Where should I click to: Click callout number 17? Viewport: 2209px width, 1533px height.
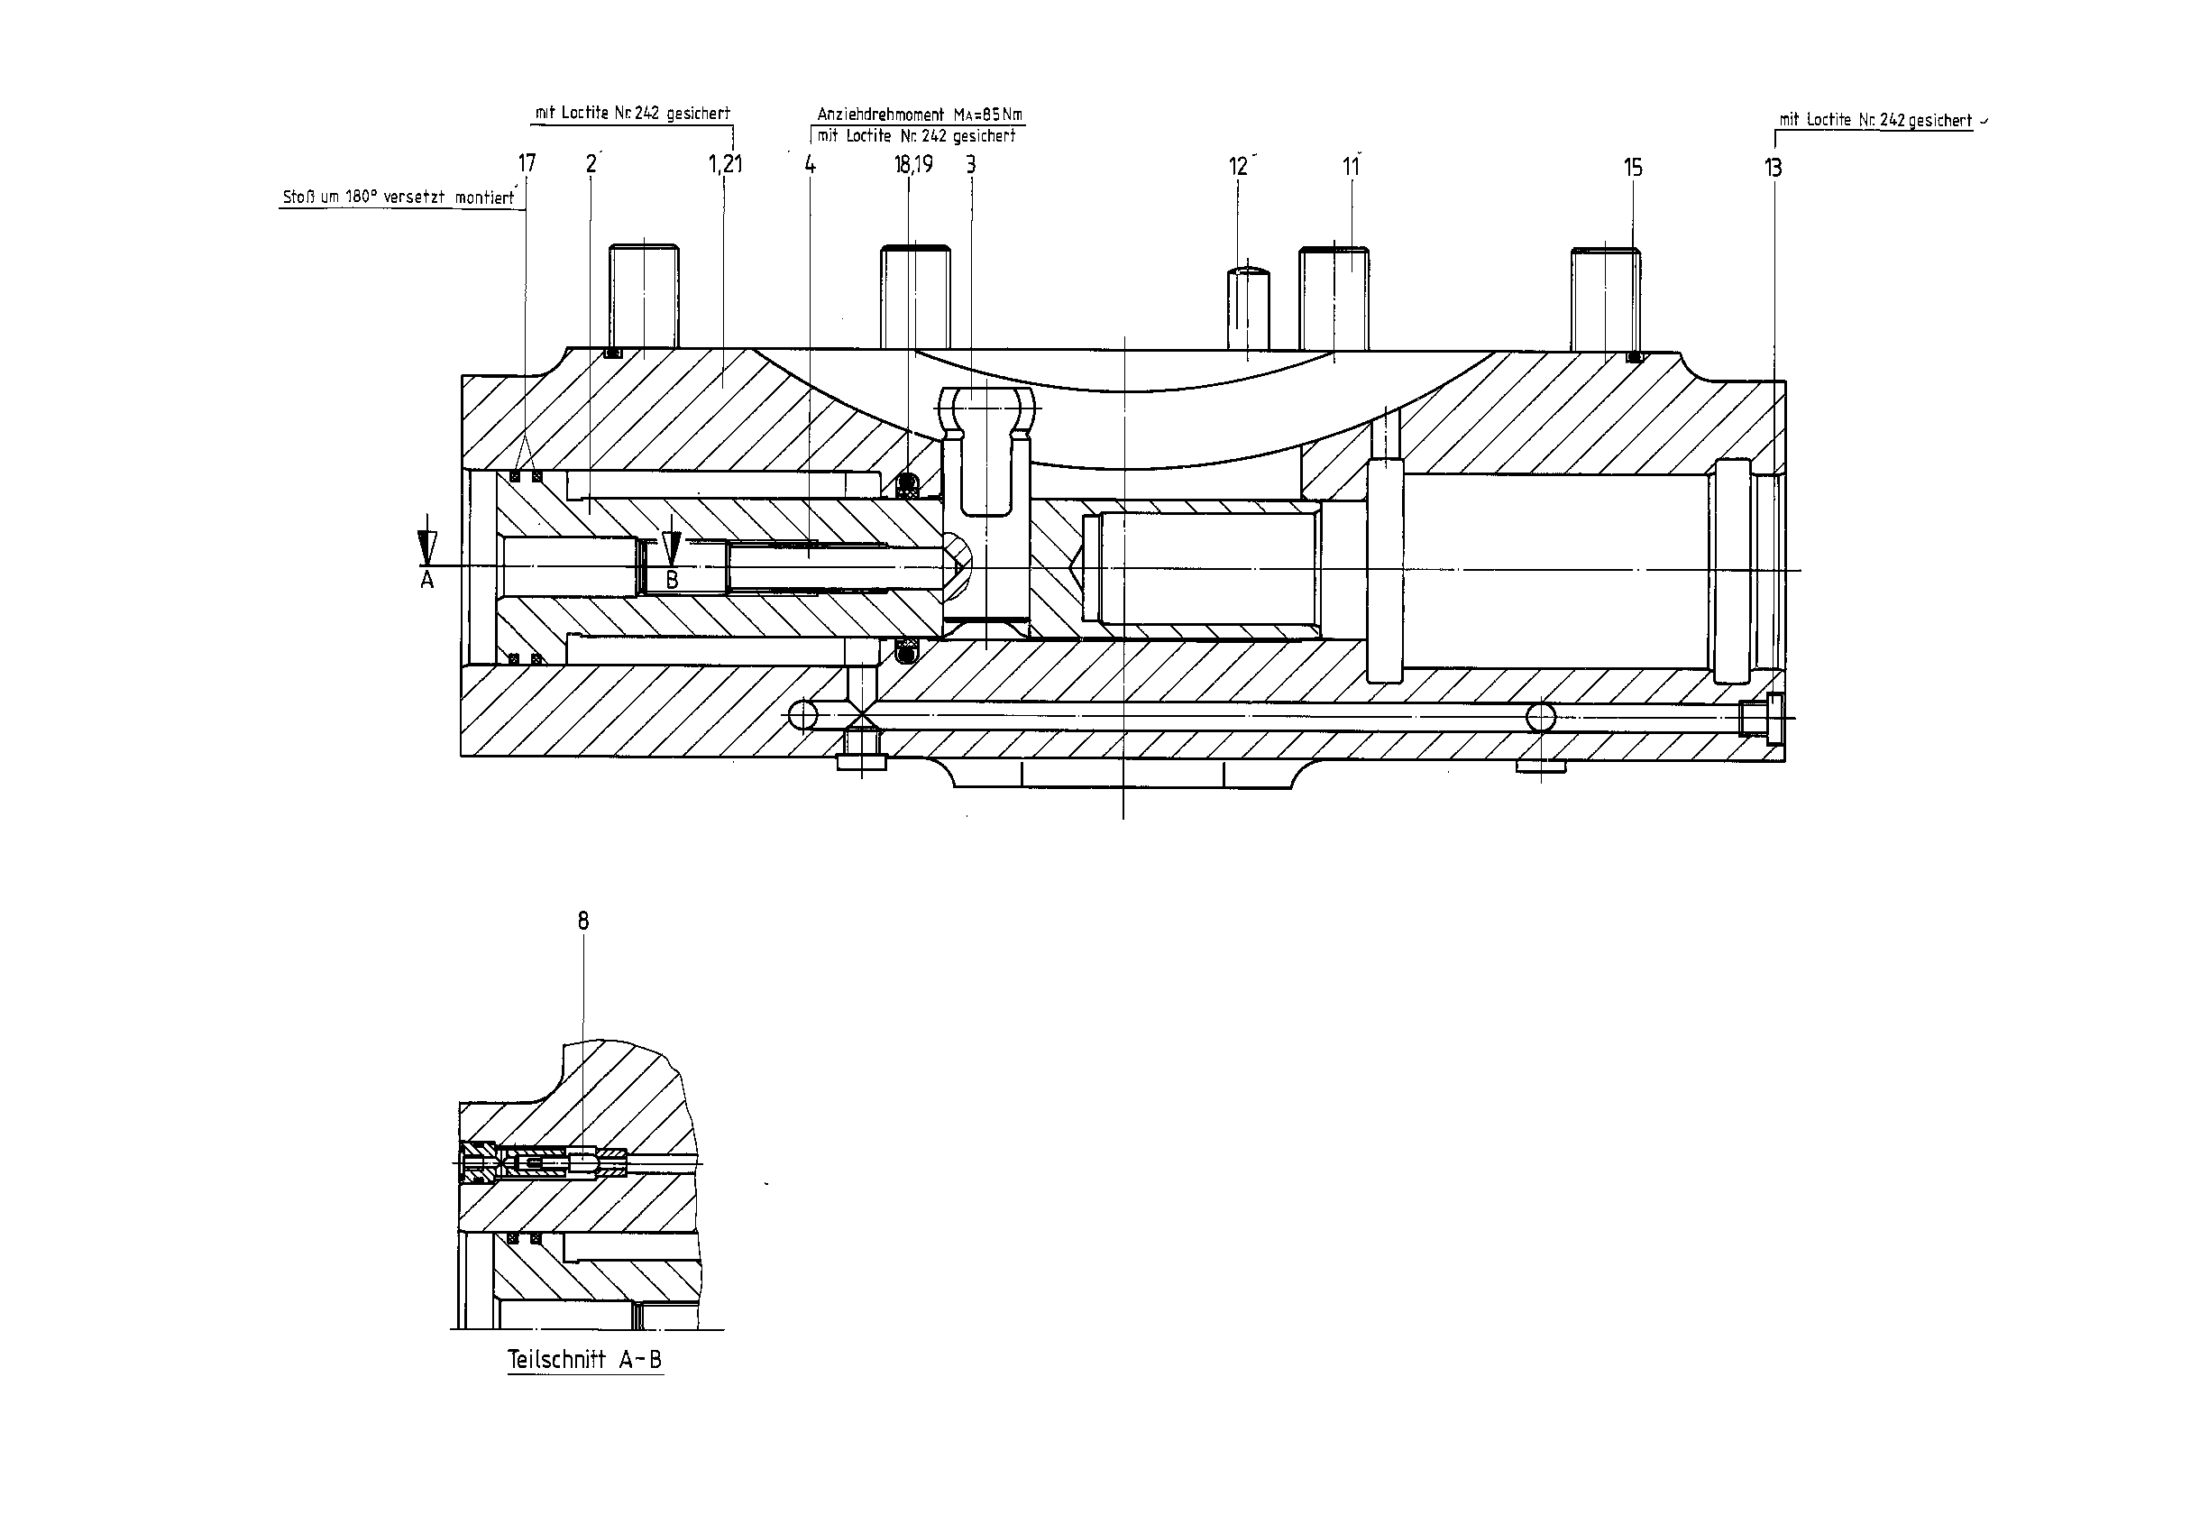(527, 164)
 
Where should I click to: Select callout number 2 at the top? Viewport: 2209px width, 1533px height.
(591, 164)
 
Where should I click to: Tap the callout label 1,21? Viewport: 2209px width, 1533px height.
(725, 164)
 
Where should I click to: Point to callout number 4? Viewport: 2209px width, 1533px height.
(810, 164)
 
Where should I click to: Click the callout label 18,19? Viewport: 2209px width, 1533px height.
(913, 164)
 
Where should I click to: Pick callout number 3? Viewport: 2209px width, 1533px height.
(971, 164)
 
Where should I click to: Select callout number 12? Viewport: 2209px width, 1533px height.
(1238, 167)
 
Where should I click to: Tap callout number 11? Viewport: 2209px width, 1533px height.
(1351, 167)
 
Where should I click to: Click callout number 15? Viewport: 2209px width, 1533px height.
(1633, 168)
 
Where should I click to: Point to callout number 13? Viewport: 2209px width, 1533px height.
(1773, 168)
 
